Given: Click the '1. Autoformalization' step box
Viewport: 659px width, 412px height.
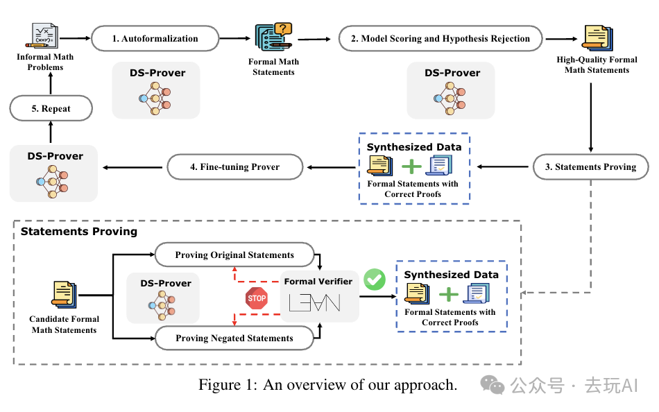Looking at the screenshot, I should point(155,39).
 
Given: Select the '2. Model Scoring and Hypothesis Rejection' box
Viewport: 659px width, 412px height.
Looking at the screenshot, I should point(440,39).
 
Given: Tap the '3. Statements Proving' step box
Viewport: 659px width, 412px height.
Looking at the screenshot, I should point(590,167).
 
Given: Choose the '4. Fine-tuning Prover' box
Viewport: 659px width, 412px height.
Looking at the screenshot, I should point(235,167).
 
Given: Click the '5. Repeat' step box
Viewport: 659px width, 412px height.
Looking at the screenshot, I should point(50,109).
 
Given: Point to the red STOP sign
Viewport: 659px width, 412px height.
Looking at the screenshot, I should point(257,298).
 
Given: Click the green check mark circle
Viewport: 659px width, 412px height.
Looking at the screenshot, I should point(375,280).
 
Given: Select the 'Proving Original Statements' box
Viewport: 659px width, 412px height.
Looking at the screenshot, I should point(234,255).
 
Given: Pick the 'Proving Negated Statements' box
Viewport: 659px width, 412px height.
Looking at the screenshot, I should point(234,338).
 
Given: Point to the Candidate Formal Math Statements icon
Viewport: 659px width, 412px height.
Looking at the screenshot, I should point(64,294).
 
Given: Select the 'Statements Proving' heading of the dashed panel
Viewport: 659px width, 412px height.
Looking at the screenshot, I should point(78,231).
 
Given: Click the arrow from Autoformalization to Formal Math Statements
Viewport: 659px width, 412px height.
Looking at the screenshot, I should point(234,39).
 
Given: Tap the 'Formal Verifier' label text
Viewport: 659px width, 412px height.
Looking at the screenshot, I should point(318,282).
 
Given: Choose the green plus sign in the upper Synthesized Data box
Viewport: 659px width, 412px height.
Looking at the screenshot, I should point(411,166).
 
